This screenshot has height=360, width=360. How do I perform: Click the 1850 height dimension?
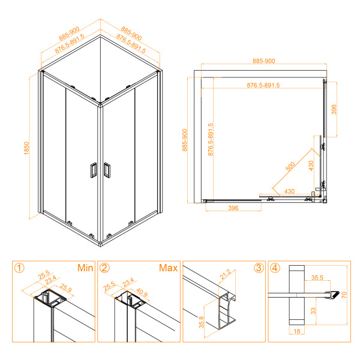(26, 148)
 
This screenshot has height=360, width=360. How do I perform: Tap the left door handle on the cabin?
(93, 170)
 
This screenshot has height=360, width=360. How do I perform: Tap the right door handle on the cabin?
(107, 170)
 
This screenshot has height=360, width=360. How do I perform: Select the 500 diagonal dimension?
(290, 166)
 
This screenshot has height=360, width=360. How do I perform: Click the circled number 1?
(19, 268)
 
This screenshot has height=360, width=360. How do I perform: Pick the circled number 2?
(104, 268)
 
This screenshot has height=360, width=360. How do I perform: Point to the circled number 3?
(259, 268)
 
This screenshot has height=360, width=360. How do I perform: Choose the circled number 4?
(275, 268)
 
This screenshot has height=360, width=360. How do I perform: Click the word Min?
(85, 268)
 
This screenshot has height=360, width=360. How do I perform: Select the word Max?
(168, 268)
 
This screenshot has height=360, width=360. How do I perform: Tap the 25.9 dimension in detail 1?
(65, 288)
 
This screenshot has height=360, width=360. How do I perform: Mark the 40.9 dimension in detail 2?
(142, 292)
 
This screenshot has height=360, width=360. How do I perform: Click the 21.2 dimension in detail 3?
(225, 274)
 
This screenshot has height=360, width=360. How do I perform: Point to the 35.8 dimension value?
(202, 322)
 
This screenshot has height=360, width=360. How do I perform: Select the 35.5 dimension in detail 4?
(317, 278)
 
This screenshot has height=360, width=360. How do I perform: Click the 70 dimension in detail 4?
(344, 295)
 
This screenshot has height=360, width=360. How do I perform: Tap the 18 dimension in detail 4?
(297, 331)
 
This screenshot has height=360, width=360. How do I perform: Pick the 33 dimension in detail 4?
(313, 311)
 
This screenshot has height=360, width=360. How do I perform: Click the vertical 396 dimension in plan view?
(334, 110)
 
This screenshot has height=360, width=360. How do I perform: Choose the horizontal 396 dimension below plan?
(233, 208)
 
